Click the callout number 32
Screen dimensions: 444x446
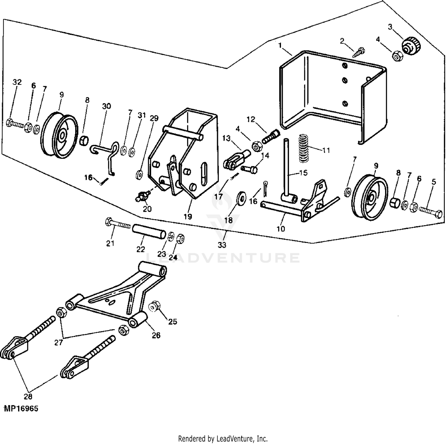(x=17, y=82)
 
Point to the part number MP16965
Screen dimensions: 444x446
(x=21, y=409)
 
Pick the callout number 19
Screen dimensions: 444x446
(x=188, y=216)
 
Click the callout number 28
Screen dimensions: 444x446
(x=28, y=396)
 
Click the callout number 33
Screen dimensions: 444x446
(x=222, y=245)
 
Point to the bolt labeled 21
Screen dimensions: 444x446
(x=117, y=224)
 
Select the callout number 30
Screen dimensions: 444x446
(x=106, y=106)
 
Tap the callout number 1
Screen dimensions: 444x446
(x=280, y=45)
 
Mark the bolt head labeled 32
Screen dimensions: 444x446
(x=10, y=122)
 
